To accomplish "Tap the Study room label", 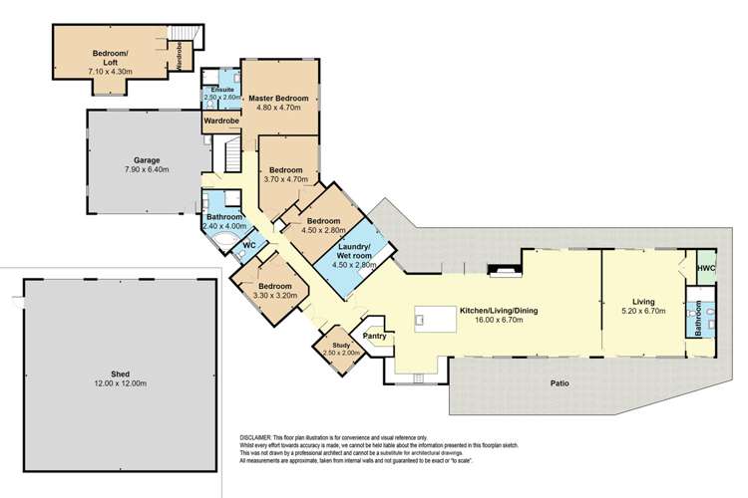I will [x=343, y=346].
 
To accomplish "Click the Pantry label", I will [x=375, y=337].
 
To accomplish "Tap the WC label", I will [x=250, y=244].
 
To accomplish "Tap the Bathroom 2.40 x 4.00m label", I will [x=224, y=217].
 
